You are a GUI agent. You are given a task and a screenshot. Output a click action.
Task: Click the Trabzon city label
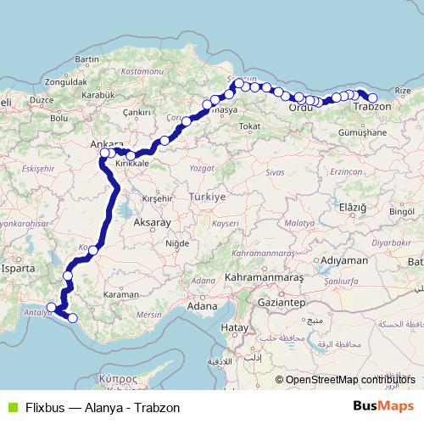(x=371, y=108)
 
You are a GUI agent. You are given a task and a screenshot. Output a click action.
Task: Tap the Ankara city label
(x=107, y=144)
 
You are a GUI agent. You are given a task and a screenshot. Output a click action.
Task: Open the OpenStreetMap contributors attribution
(x=350, y=380)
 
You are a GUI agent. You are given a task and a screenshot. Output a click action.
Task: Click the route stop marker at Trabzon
(x=372, y=98)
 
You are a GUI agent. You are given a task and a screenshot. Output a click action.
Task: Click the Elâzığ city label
(x=352, y=207)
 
